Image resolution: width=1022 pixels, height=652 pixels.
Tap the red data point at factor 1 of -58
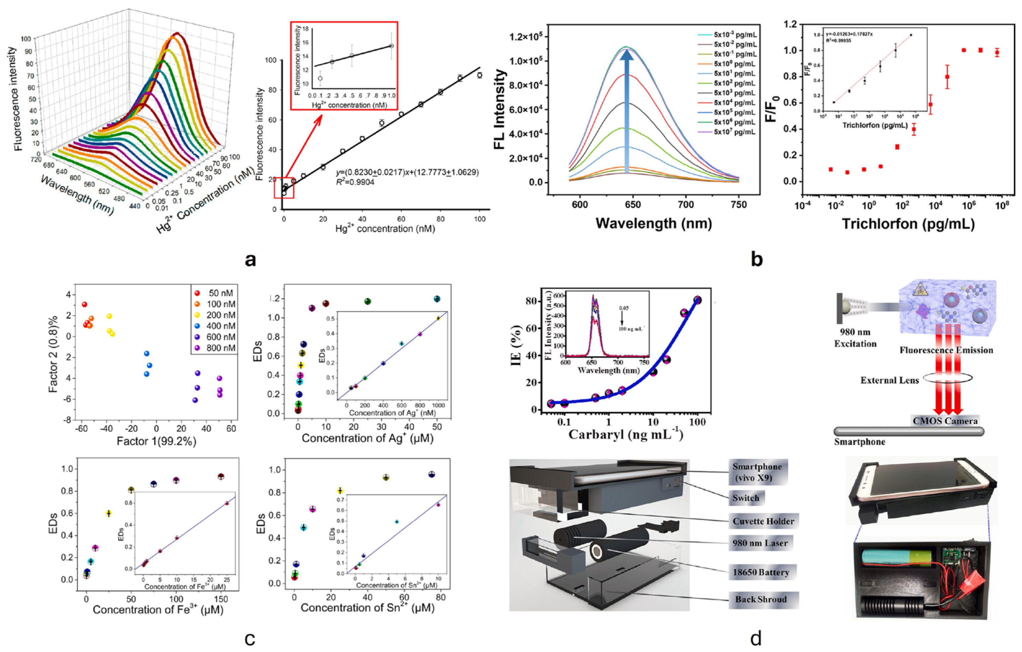(84, 304)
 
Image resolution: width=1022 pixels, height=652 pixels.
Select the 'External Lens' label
(889, 380)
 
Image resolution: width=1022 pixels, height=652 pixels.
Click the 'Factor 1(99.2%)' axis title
(156, 441)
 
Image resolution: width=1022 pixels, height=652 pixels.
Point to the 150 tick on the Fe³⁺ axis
(221, 599)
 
